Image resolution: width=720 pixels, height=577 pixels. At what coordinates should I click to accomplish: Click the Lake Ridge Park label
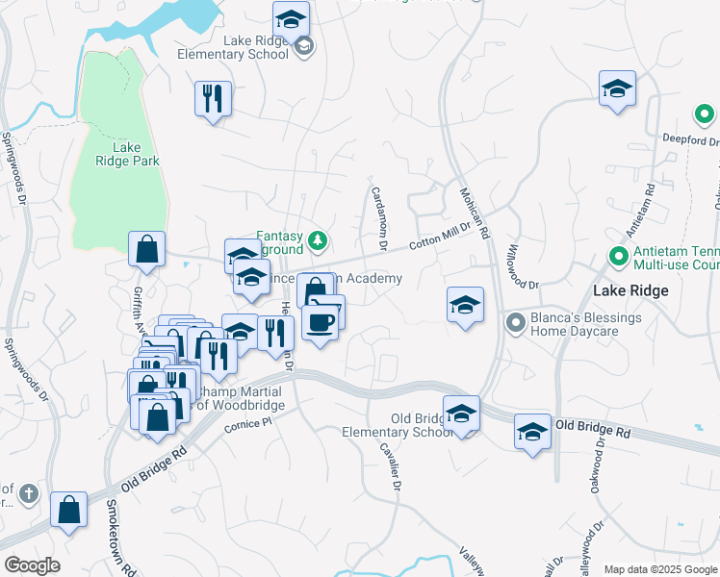127,154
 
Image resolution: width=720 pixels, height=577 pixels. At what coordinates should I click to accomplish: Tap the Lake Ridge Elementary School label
233,48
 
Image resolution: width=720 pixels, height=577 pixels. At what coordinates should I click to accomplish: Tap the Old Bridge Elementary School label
396,425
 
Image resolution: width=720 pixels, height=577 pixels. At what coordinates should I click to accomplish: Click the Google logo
32,565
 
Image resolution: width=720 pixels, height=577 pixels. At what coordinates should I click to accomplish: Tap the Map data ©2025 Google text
660,569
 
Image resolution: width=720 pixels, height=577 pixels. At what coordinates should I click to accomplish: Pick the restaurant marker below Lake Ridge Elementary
212,97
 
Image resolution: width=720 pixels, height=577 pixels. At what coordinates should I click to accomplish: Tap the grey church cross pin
29,493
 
